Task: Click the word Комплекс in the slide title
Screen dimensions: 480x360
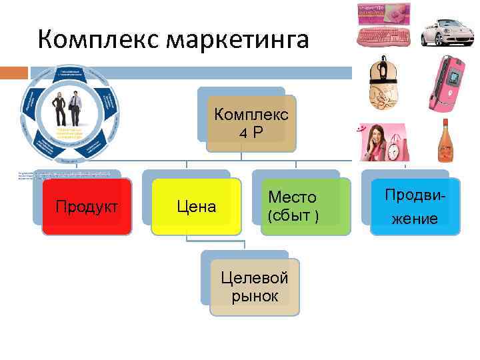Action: point(97,40)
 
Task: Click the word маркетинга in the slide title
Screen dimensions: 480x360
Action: point(237,40)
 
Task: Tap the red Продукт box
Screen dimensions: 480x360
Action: point(87,207)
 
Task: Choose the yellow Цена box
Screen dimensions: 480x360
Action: point(196,207)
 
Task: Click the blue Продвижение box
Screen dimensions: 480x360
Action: point(415,207)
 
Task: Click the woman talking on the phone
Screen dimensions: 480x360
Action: point(373,141)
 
